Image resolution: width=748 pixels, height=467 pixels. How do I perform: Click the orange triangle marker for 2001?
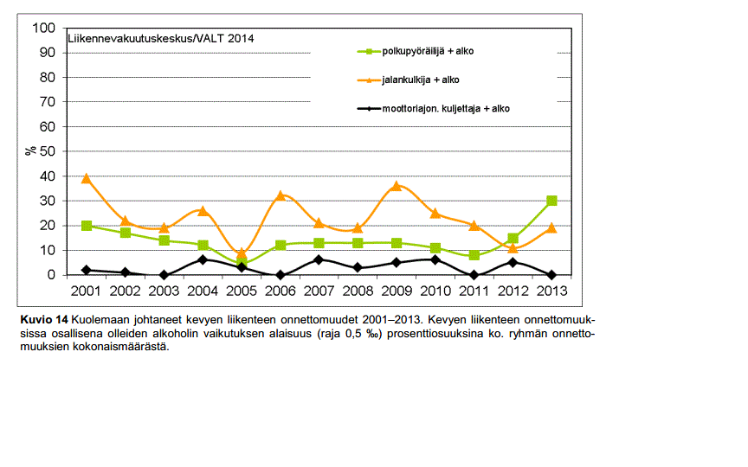87,179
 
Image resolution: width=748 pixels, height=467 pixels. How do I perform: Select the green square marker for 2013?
551,201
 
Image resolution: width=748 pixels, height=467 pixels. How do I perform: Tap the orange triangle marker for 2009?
397,186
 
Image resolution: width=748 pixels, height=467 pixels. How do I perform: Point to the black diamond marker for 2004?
203,259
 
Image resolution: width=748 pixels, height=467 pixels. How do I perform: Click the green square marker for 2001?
87,226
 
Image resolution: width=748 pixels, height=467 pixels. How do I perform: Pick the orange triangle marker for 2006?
280,195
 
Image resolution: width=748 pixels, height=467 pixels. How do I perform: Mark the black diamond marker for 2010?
435,259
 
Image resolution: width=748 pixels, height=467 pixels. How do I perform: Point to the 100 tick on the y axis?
43,28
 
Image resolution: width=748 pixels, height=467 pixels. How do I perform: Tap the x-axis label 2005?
242,291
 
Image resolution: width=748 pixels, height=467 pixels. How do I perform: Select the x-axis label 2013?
551,291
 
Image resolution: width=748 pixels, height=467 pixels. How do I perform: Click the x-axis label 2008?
358,291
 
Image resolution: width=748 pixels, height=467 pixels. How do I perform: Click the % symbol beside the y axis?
30,150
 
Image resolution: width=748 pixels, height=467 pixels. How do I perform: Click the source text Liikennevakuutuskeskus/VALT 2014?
161,38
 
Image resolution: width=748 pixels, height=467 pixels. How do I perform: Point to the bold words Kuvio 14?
43,320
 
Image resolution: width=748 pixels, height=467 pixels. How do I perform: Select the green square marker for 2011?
474,255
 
